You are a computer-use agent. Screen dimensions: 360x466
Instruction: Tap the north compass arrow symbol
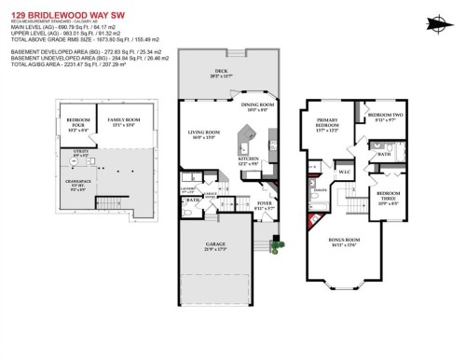pos(440,23)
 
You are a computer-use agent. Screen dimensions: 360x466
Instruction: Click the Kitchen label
pos(249,161)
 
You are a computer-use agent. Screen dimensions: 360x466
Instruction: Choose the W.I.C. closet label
pos(344,172)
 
